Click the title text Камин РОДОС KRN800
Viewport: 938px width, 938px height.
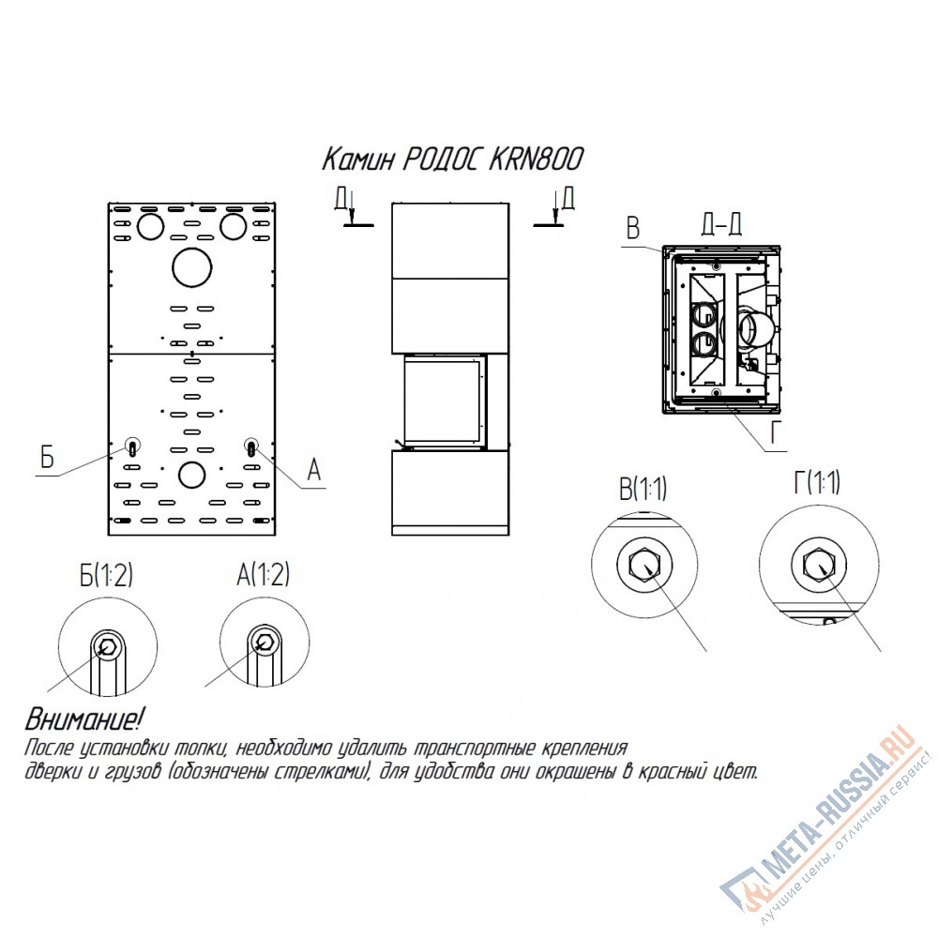(452, 159)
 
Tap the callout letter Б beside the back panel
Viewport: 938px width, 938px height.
(47, 457)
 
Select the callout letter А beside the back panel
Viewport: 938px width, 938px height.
(314, 470)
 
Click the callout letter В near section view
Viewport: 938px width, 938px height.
(632, 229)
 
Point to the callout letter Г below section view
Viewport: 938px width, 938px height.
(776, 433)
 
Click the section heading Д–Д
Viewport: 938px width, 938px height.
(720, 225)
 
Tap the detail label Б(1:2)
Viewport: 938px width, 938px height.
(106, 575)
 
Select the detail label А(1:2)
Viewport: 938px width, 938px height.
(264, 575)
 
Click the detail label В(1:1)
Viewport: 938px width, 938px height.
(643, 489)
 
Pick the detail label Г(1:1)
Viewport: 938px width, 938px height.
(817, 482)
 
